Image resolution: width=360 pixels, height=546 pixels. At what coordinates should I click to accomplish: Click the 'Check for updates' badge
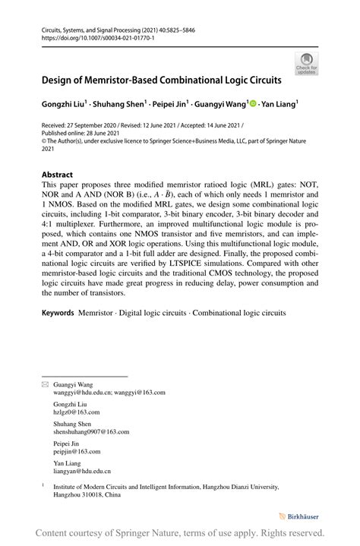(307, 63)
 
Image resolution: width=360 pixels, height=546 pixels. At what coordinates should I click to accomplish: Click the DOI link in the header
(92, 36)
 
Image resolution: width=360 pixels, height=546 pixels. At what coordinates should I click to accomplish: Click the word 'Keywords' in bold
(57, 333)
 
